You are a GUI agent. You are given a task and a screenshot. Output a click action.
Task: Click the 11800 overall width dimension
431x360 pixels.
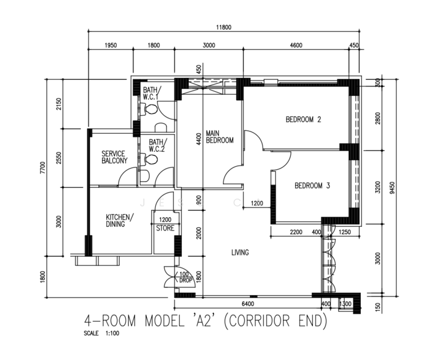[x=224, y=27]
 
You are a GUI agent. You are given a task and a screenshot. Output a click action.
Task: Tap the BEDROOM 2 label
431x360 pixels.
[x=303, y=119]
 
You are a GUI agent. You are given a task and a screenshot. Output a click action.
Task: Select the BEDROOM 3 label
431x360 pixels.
[x=312, y=185]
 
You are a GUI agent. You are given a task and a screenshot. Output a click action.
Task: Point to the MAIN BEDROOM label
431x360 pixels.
[x=219, y=137]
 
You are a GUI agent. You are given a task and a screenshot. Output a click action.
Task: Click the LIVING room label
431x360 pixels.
[x=240, y=253]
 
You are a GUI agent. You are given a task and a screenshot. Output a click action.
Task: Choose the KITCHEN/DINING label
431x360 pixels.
[x=120, y=220]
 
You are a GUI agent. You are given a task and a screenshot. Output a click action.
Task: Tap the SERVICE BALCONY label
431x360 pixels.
[x=114, y=157]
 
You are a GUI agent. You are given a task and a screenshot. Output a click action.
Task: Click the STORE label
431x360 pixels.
[x=165, y=228]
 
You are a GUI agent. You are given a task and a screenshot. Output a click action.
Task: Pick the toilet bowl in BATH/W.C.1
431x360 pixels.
[x=149, y=109]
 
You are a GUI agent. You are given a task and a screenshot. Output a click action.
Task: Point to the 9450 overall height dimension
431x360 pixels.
[x=392, y=188]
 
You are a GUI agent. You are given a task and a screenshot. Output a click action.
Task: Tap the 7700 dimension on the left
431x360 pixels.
[x=43, y=168]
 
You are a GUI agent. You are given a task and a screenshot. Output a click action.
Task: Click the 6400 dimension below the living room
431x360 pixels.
[x=248, y=304]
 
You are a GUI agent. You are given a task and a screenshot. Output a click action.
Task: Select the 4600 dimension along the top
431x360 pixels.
[x=296, y=45]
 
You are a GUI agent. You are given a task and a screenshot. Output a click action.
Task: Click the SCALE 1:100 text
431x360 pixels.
[x=101, y=334]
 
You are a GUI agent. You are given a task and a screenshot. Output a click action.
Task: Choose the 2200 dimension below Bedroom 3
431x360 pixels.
[x=296, y=232]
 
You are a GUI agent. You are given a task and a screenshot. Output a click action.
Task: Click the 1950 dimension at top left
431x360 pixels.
[x=111, y=45]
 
